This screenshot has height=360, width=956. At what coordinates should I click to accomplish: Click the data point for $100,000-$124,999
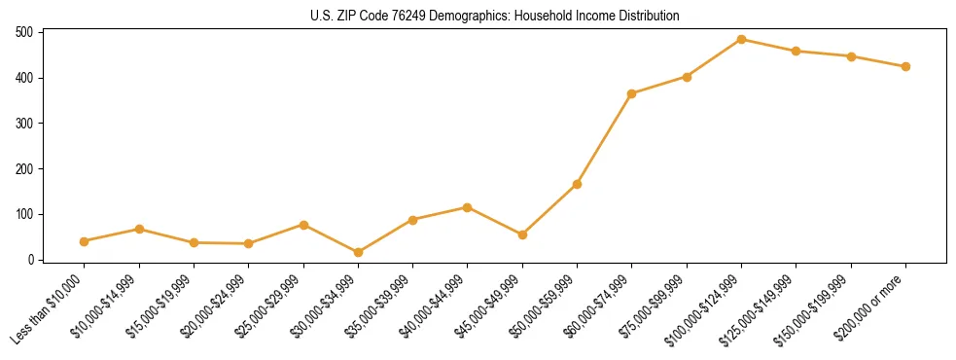coord(741,40)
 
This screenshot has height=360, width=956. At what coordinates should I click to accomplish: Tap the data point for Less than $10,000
coord(85,241)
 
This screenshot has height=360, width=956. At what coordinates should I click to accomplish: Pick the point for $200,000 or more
coord(905,67)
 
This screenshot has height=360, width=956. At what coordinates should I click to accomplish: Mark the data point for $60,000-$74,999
coord(632,93)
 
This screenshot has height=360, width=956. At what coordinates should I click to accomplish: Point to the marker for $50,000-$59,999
coord(578,184)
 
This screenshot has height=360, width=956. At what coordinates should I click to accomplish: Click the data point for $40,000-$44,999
coord(468,207)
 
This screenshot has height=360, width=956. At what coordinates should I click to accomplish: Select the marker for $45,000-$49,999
coord(522,234)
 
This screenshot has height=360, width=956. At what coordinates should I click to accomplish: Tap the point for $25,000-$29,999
coord(303,225)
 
